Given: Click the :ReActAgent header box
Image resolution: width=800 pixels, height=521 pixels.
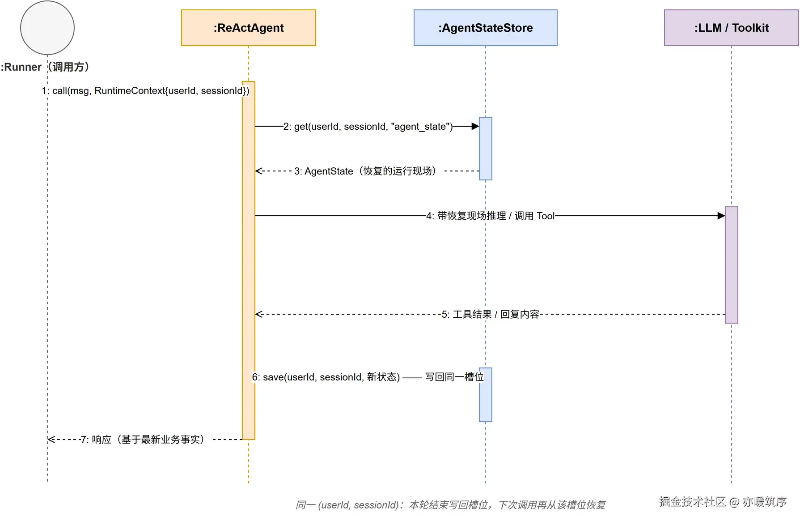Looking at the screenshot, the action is [x=249, y=28].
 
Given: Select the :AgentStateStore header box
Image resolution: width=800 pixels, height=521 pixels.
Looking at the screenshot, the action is [x=486, y=28].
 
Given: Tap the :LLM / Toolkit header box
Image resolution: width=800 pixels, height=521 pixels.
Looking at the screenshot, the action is [x=732, y=28].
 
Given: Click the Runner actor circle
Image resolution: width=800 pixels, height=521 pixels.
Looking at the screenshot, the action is [x=47, y=28].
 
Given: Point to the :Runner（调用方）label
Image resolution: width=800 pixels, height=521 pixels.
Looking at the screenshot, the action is [x=45, y=67].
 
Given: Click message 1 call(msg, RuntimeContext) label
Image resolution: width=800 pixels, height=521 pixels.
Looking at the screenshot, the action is [x=146, y=91].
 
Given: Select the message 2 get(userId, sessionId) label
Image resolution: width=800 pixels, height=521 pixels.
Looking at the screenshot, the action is [x=368, y=127].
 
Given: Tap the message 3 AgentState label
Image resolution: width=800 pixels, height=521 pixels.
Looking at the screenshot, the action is [x=365, y=171].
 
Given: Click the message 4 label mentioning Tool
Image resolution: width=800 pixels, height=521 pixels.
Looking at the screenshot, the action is [x=490, y=216].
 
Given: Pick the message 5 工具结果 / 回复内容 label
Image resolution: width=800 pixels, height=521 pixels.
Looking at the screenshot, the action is [x=490, y=314].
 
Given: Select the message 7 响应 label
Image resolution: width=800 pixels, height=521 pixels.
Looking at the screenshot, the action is [x=142, y=440].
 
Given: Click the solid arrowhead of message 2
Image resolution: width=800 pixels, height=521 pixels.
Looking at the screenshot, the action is [x=475, y=126].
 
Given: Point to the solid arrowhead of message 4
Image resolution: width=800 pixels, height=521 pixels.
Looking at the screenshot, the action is [x=721, y=216].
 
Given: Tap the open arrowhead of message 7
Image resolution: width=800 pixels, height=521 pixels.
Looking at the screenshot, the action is [x=51, y=440].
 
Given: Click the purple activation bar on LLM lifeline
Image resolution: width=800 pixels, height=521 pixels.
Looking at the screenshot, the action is [x=732, y=265].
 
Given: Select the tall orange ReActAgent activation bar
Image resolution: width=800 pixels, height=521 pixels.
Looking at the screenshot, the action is [x=249, y=260].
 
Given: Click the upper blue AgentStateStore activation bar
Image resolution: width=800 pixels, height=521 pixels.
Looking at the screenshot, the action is [x=486, y=149].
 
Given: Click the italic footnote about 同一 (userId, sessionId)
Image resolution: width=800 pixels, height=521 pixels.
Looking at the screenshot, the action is [x=450, y=505].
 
